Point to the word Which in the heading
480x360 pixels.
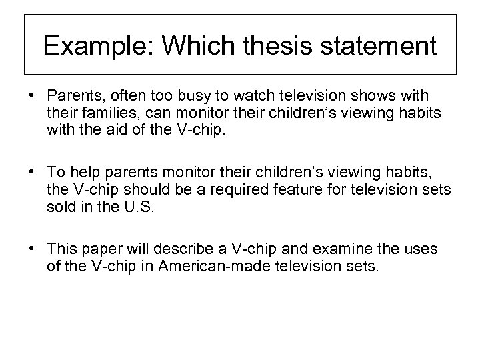point(203,46)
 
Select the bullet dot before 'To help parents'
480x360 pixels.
point(33,171)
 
